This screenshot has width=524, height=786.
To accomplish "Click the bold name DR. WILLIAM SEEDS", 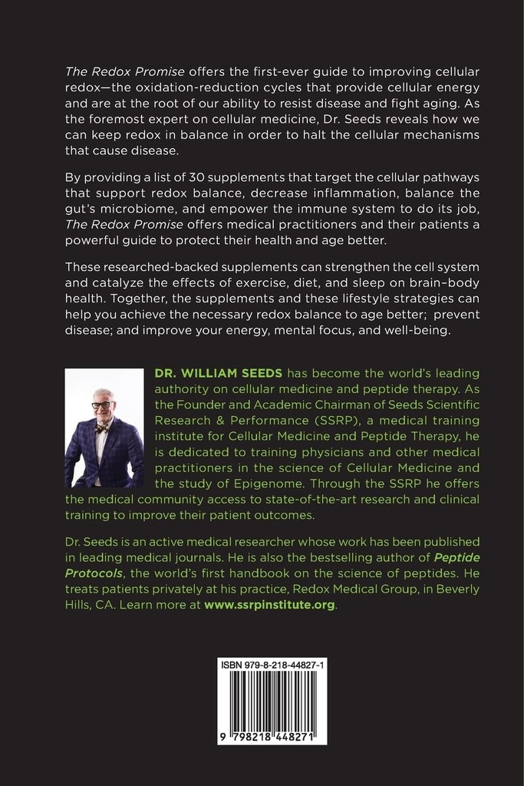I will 219,373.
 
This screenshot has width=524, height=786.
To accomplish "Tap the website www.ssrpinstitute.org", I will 269,605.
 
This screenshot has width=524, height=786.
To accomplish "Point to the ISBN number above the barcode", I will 272,665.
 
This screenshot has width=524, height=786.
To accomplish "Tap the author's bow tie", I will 101,428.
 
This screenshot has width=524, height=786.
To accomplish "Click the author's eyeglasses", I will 101,405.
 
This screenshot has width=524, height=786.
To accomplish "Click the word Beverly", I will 456,589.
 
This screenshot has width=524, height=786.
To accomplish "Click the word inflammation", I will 360,194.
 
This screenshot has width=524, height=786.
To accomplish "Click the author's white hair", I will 103,394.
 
